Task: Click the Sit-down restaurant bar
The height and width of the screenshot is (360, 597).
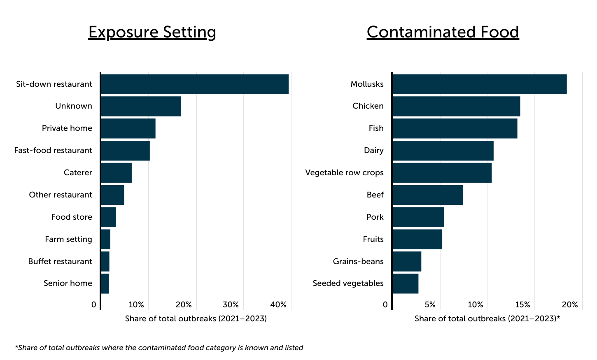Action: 194,84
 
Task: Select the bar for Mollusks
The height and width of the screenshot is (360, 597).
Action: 479,84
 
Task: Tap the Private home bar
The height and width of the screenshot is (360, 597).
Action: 128,128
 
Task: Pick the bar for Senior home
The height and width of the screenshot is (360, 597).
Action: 105,283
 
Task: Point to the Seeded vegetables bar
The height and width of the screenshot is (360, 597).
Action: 406,283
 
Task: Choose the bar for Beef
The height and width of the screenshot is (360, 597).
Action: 428,195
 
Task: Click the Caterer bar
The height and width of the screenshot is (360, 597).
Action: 116,173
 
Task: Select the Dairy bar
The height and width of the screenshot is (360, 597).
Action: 443,151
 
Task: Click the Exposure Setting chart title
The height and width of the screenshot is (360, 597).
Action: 152,32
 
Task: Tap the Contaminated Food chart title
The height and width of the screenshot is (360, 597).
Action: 443,32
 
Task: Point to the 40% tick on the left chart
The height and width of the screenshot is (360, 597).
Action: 278,305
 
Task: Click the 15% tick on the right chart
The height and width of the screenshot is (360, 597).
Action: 522,305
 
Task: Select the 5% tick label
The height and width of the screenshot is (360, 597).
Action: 430,305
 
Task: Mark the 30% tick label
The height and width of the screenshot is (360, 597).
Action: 231,305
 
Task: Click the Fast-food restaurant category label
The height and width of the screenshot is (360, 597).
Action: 53,151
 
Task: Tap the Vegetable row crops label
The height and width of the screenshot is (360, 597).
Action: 344,173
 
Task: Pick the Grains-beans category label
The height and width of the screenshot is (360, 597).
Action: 358,261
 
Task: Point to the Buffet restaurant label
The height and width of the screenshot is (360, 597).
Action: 60,261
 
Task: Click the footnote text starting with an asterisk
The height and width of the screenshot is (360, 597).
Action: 159,348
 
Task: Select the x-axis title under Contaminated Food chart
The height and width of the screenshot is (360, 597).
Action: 487,318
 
